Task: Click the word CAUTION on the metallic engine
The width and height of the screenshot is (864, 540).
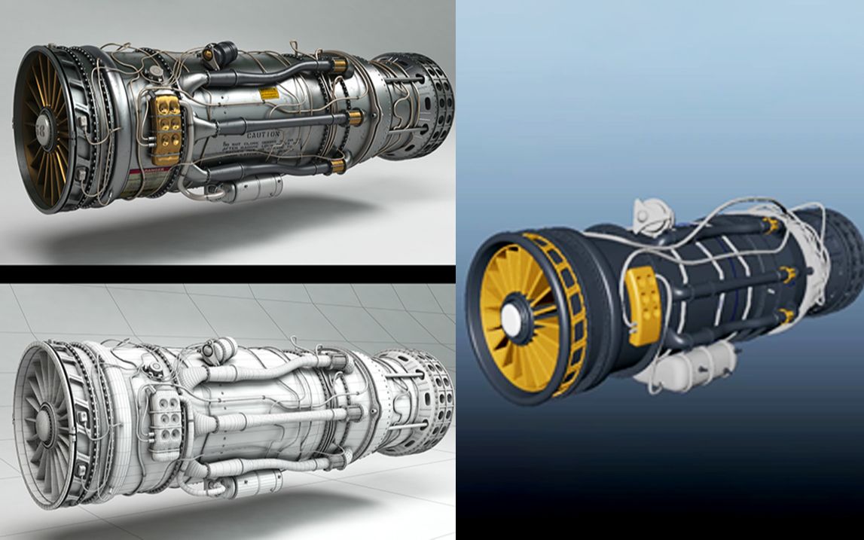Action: click(263, 134)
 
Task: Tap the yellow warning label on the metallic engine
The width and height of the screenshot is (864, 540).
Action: click(268, 95)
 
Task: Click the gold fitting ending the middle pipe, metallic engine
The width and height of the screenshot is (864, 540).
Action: click(353, 117)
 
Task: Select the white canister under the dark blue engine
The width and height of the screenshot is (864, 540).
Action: click(701, 365)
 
